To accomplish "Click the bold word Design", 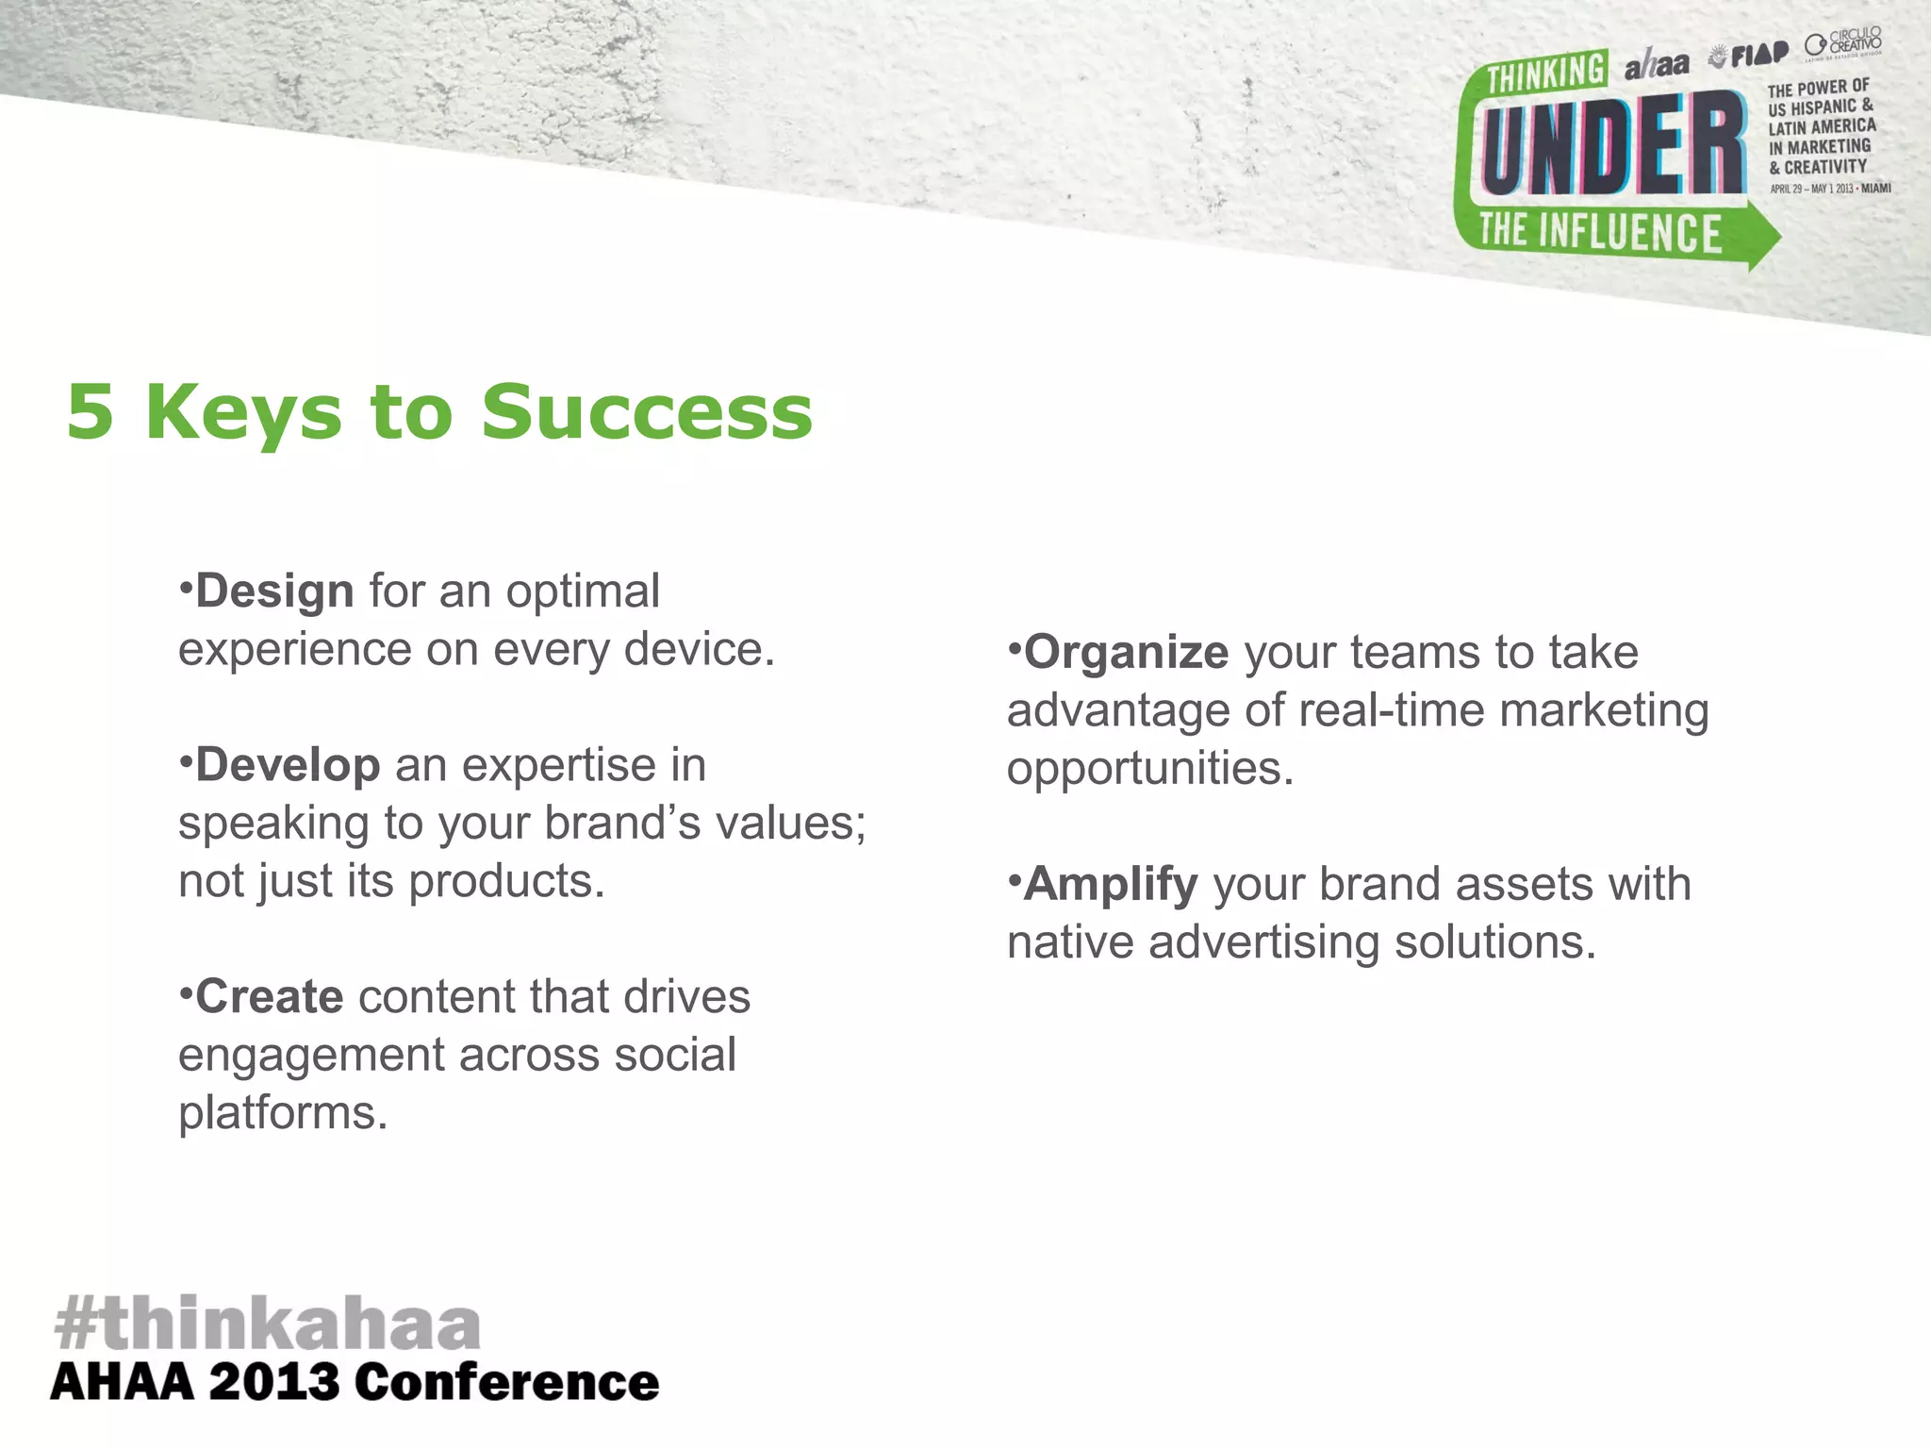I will tap(274, 592).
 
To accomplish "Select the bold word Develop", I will tap(288, 765).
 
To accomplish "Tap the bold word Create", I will tap(270, 997).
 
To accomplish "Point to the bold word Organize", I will tap(1126, 653).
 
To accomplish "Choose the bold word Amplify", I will tap(1111, 885).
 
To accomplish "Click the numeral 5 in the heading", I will tap(91, 412).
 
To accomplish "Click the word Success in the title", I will tap(647, 412).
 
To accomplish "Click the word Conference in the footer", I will tap(507, 1383).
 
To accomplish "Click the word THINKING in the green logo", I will tap(1546, 73).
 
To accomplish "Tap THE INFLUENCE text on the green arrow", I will tap(1600, 232).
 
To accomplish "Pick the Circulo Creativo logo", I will tap(1843, 44).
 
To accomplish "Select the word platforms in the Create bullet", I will tap(282, 1114).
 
